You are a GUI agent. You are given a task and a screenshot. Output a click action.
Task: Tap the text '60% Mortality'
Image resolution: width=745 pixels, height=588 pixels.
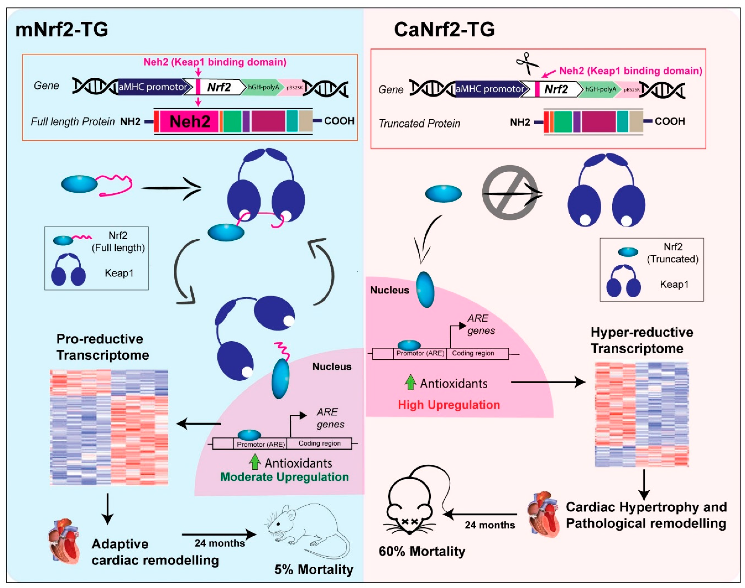(x=422, y=551)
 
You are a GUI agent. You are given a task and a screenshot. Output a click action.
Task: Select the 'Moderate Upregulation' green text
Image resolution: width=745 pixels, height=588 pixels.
(x=284, y=477)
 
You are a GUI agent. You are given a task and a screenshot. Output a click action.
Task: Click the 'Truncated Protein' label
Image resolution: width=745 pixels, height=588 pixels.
(x=419, y=123)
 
